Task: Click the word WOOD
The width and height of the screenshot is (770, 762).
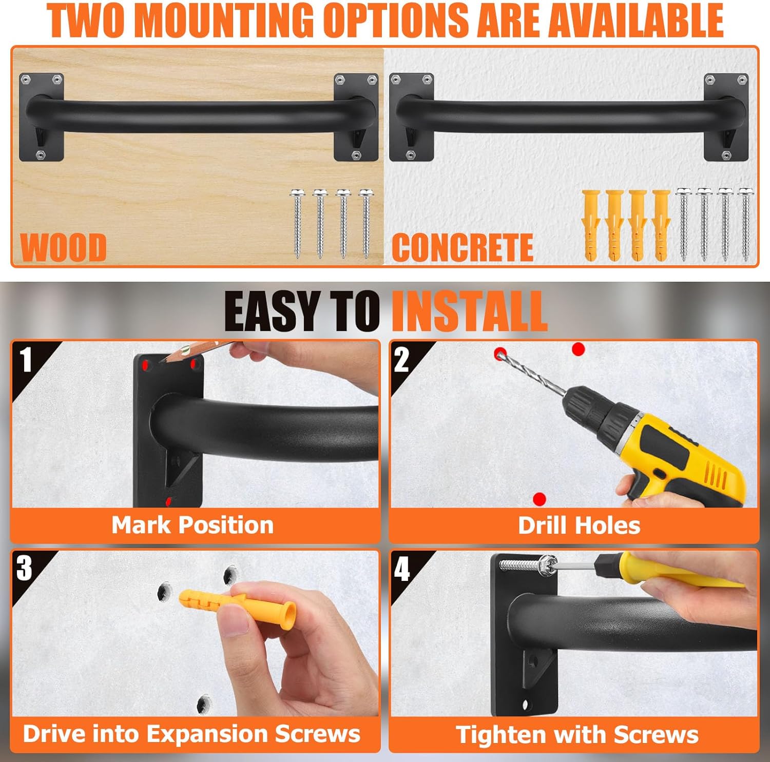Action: [x=64, y=247]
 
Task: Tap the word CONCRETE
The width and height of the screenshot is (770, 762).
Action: [x=463, y=247]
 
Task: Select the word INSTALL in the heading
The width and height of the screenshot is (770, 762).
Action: [x=469, y=311]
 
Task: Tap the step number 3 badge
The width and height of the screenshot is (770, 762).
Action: [x=24, y=568]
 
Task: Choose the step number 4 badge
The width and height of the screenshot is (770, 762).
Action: [x=402, y=568]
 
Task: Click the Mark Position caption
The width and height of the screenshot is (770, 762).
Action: [x=192, y=525]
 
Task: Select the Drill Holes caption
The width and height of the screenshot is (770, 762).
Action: [x=579, y=525]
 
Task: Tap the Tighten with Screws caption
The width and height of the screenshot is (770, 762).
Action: [x=577, y=734]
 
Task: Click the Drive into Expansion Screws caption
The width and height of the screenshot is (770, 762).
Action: [x=191, y=734]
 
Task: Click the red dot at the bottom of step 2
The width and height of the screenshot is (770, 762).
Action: [x=539, y=498]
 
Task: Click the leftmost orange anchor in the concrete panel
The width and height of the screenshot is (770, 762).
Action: [x=590, y=225]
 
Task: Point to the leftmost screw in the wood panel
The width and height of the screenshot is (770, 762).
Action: [x=297, y=223]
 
